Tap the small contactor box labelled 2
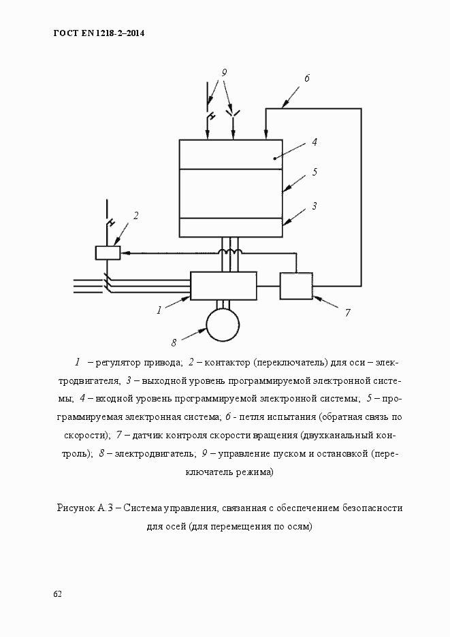tap(108, 252)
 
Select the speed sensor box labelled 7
tap(296, 286)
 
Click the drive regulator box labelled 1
tap(223, 286)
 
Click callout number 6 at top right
tap(307, 78)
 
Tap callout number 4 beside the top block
tap(315, 142)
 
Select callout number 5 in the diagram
tap(315, 172)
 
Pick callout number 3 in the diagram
tap(315, 205)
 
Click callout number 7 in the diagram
tap(347, 313)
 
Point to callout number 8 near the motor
tap(174, 341)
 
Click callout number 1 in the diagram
tap(159, 310)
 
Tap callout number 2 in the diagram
tap(136, 216)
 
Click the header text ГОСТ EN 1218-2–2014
tap(99, 33)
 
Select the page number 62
tap(57, 594)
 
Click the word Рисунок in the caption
tap(76, 508)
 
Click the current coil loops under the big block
tap(230, 253)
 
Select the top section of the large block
tap(231, 154)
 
